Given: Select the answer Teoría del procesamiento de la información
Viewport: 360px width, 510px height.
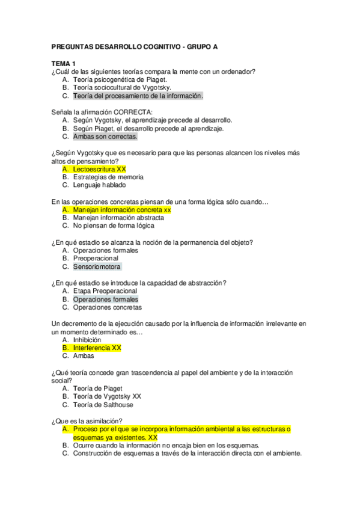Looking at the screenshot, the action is click(138, 96).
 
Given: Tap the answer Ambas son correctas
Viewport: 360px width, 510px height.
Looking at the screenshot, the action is click(101, 137).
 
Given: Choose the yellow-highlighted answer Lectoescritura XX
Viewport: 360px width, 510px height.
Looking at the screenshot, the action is click(99, 170).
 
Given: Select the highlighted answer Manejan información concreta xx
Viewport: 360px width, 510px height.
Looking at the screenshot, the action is click(122, 210).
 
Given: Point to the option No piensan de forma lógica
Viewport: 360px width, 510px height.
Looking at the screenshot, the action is click(114, 226).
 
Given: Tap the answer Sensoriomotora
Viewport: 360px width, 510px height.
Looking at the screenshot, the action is click(97, 266).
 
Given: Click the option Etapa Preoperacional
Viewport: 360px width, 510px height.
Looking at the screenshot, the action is click(105, 291).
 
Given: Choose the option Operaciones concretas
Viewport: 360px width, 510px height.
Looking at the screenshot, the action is click(108, 307).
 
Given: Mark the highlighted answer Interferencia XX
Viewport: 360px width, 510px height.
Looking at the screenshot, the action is click(97, 348).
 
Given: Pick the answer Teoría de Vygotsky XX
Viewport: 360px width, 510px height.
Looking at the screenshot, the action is click(107, 396).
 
